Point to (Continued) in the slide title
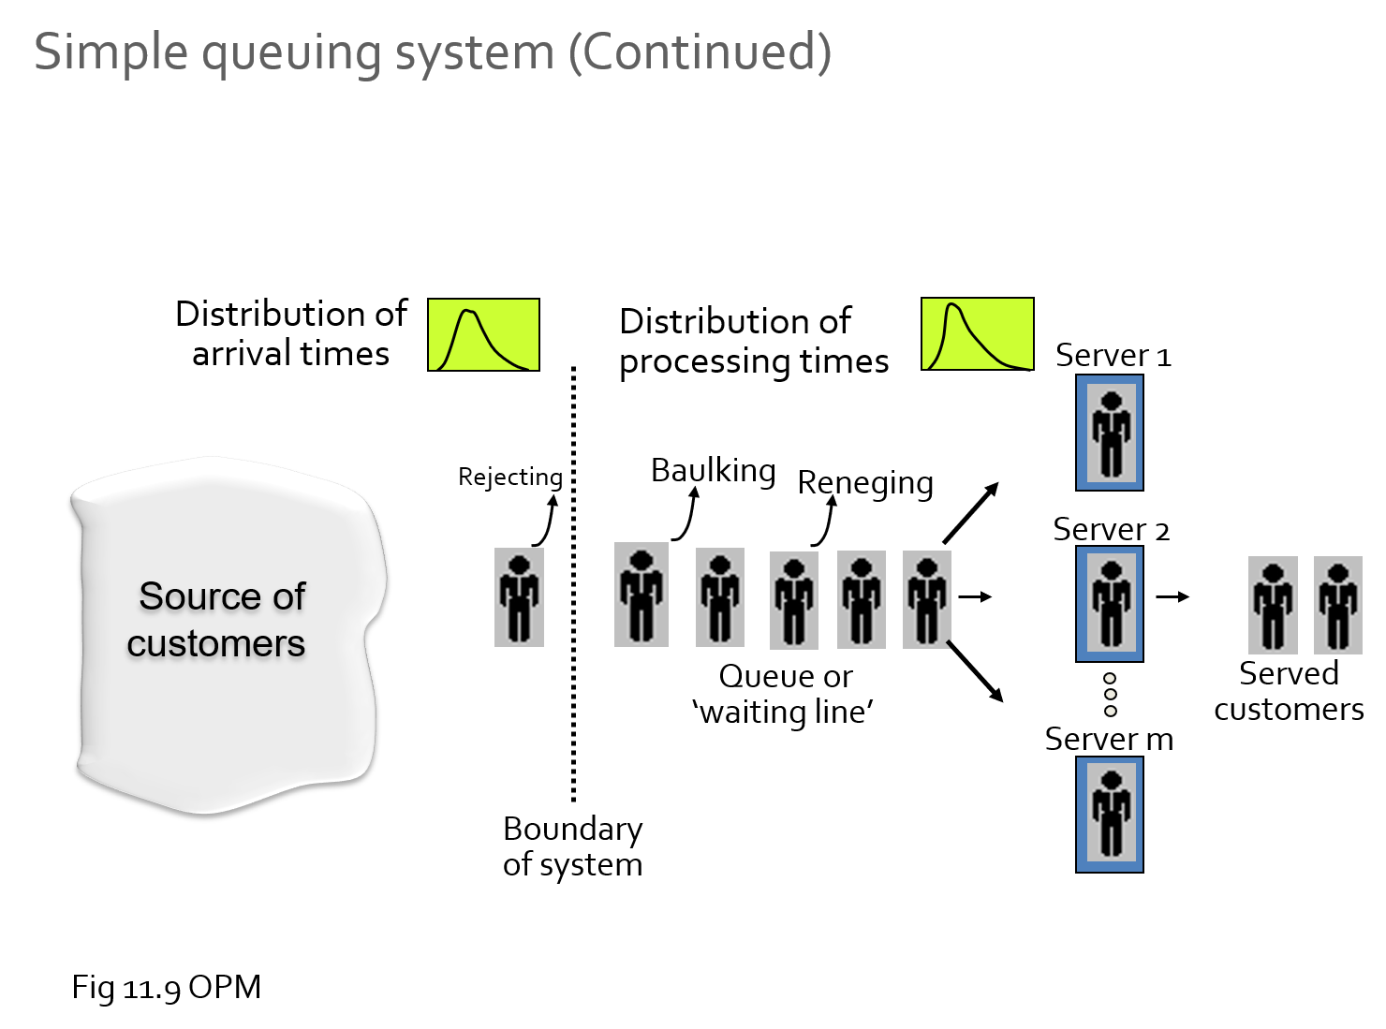click(x=700, y=51)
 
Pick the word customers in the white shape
click(x=216, y=644)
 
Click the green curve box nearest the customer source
click(x=483, y=335)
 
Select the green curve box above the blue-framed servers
click(x=977, y=334)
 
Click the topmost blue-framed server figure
click(x=1110, y=433)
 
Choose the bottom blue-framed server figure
click(x=1110, y=815)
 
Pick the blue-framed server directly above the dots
click(x=1110, y=604)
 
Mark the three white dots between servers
click(x=1111, y=695)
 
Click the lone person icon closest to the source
click(x=519, y=597)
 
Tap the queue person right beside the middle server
click(x=927, y=599)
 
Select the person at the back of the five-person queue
click(x=641, y=595)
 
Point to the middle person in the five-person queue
click(x=794, y=600)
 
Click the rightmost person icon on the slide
click(x=1338, y=605)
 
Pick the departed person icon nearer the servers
click(x=1273, y=605)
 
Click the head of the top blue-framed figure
click(x=1112, y=402)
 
